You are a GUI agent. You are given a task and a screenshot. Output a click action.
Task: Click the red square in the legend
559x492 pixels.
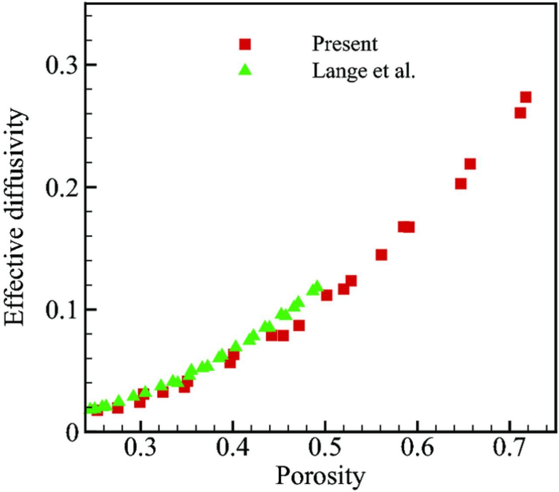(x=245, y=44)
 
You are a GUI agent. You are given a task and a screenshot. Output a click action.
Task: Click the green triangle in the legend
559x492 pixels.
(x=245, y=69)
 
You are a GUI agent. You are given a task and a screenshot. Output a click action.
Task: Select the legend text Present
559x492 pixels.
(x=345, y=44)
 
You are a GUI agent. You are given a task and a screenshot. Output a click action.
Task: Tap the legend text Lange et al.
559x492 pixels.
(x=363, y=70)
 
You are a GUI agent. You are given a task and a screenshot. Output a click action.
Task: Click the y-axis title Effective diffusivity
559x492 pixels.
(x=15, y=217)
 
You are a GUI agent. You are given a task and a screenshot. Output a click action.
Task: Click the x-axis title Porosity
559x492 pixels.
(x=320, y=477)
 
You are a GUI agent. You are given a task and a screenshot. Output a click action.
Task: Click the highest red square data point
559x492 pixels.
(x=526, y=97)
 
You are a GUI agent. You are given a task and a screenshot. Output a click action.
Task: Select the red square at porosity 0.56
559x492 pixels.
(x=381, y=255)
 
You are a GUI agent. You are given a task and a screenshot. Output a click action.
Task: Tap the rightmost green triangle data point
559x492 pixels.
(x=317, y=287)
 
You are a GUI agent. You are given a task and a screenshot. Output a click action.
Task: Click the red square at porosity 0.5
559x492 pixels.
(x=327, y=295)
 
